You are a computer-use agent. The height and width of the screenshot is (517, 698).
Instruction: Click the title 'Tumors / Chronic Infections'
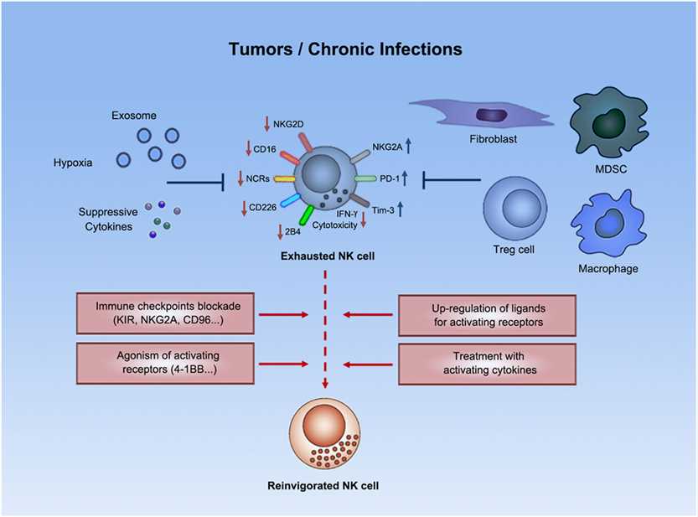click(345, 49)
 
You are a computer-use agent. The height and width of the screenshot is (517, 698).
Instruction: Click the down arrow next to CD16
click(249, 150)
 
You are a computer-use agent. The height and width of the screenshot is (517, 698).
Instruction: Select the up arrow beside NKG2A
click(406, 143)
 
